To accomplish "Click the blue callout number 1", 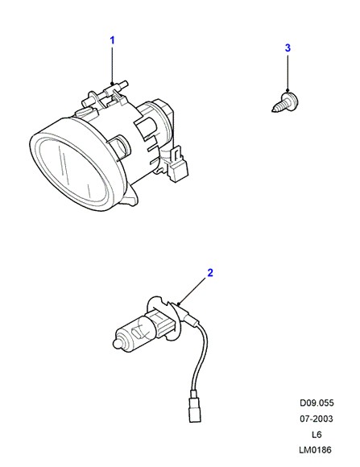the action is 113,40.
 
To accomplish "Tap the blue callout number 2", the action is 210,272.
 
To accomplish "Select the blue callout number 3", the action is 288,48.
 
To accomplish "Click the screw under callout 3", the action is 286,102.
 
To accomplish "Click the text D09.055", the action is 317,403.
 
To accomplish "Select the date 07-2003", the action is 317,419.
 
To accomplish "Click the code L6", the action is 317,435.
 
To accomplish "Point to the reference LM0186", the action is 315,450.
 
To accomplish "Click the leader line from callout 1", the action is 113,65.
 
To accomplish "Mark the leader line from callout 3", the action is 288,72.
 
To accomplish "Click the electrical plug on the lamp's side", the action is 177,163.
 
